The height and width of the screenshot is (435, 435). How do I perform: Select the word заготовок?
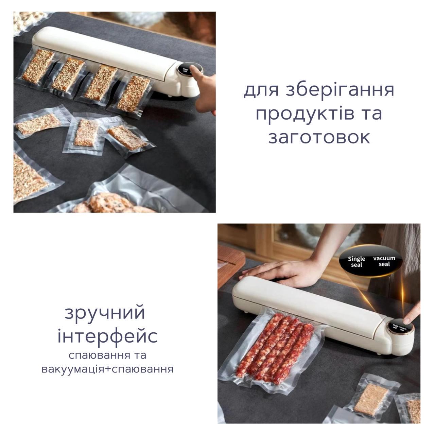(319, 138)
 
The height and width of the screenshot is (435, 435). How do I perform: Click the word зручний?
(105, 313)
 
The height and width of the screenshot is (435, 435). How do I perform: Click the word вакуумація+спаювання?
(108, 369)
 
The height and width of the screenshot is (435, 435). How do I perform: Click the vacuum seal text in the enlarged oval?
(384, 261)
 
